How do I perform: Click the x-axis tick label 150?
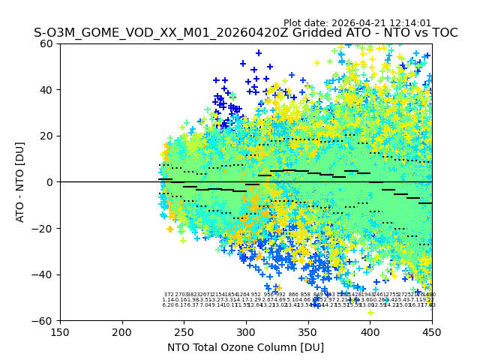tap(60, 332)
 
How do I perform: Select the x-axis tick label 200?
tap(122, 332)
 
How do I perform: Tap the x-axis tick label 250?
tap(184, 332)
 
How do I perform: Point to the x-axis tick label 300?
tap(246, 332)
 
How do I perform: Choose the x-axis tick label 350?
tap(308, 332)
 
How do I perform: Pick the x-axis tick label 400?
tap(370, 332)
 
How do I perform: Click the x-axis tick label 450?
tap(432, 332)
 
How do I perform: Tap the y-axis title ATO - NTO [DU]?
tap(21, 182)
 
